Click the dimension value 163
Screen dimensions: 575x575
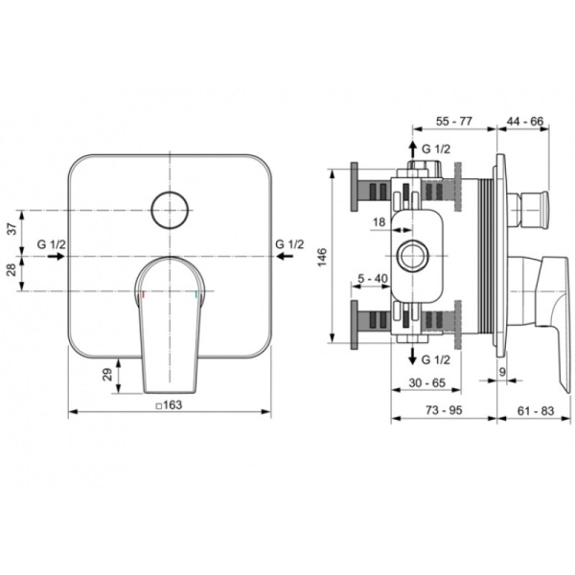[172, 404]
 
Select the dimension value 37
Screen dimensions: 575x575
[12, 230]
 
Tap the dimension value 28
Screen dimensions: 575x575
[12, 270]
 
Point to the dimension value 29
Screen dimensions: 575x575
[107, 375]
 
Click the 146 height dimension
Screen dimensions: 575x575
[322, 257]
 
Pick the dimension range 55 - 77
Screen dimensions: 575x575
[454, 121]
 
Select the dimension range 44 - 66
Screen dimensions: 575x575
[525, 121]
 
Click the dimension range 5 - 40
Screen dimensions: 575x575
[373, 279]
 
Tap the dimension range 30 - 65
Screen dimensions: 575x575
[426, 382]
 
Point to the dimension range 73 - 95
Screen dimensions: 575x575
[444, 410]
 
